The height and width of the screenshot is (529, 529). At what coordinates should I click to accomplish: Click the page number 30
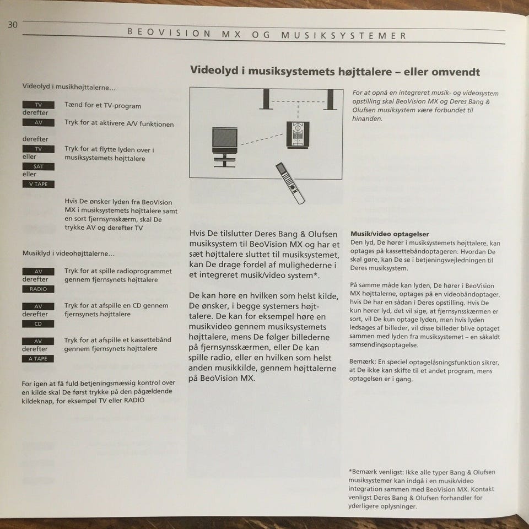(x=13, y=25)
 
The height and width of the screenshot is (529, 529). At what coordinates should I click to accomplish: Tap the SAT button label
(x=38, y=166)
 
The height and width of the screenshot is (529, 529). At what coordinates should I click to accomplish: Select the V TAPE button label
(x=38, y=184)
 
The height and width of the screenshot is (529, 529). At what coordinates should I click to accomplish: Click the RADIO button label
(x=38, y=289)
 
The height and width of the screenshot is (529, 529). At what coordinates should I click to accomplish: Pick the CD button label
(x=38, y=324)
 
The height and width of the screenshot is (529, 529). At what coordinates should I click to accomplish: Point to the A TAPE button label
(x=38, y=359)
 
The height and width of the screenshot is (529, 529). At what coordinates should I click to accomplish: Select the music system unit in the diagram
(x=298, y=134)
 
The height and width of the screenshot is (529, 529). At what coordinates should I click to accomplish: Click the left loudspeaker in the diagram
(x=266, y=100)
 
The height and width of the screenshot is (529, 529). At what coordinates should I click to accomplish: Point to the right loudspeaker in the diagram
(x=330, y=100)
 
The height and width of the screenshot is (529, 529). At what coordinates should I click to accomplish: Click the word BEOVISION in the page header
(x=169, y=33)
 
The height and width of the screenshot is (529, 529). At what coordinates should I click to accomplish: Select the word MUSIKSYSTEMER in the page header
(x=344, y=35)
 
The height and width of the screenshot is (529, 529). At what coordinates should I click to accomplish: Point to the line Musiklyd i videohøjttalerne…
(x=68, y=253)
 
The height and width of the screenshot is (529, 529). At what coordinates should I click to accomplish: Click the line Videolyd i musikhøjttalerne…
(x=68, y=87)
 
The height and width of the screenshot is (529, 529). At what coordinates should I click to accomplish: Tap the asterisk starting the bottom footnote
(x=350, y=472)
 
